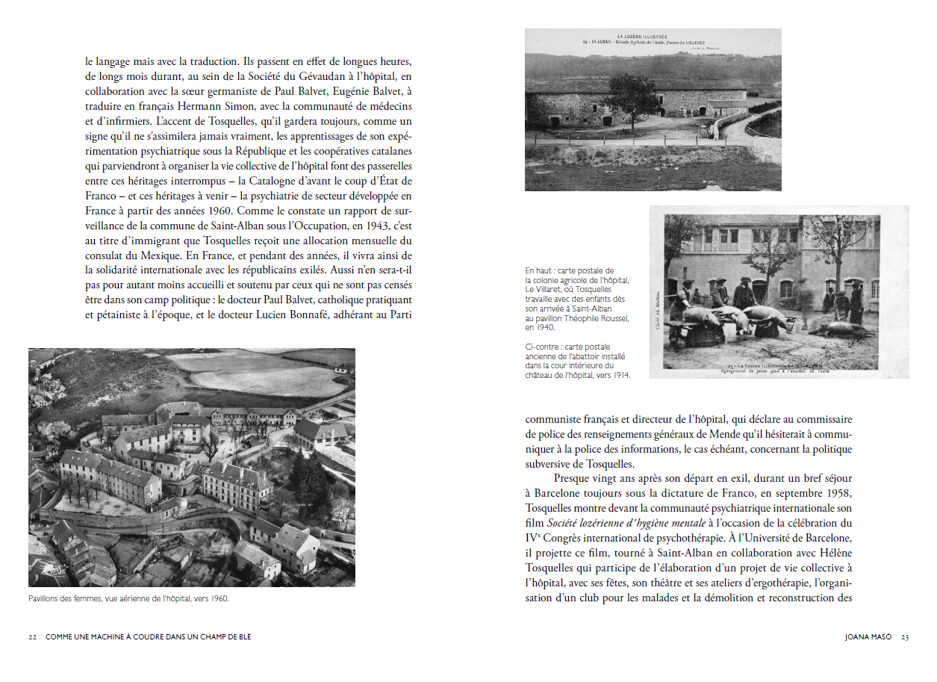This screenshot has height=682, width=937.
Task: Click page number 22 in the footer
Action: (x=33, y=637)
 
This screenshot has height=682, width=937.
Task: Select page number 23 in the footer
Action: (x=905, y=637)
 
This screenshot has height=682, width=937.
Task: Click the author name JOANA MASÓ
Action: (x=868, y=637)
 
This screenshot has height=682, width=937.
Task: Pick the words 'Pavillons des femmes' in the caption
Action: (x=63, y=598)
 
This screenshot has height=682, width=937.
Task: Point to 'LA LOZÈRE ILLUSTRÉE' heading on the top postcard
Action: (x=652, y=36)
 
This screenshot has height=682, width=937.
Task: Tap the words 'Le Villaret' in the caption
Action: (x=546, y=289)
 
